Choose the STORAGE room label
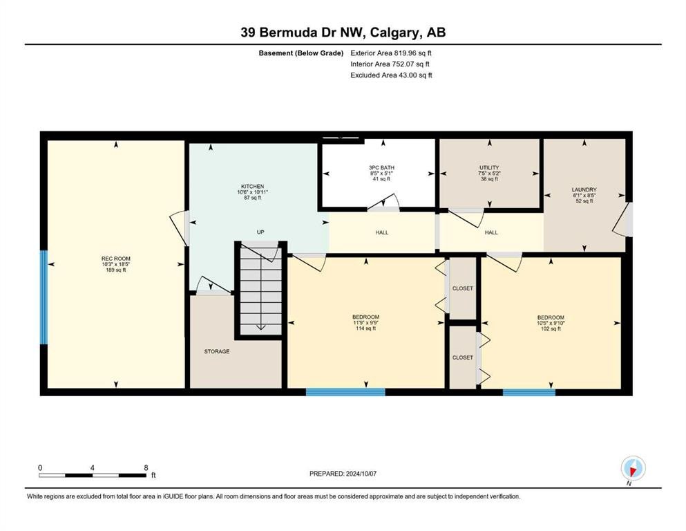[x=216, y=351]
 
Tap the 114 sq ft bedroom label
[x=365, y=322]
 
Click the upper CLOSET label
[x=462, y=288]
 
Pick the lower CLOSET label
[x=462, y=357]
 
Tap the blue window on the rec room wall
[x=44, y=297]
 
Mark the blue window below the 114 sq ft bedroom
[x=345, y=392]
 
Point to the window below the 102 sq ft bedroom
[x=528, y=392]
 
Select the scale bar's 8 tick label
[x=146, y=467]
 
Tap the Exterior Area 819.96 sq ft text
[x=392, y=53]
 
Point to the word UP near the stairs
[x=260, y=232]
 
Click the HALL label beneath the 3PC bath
[x=381, y=232]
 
